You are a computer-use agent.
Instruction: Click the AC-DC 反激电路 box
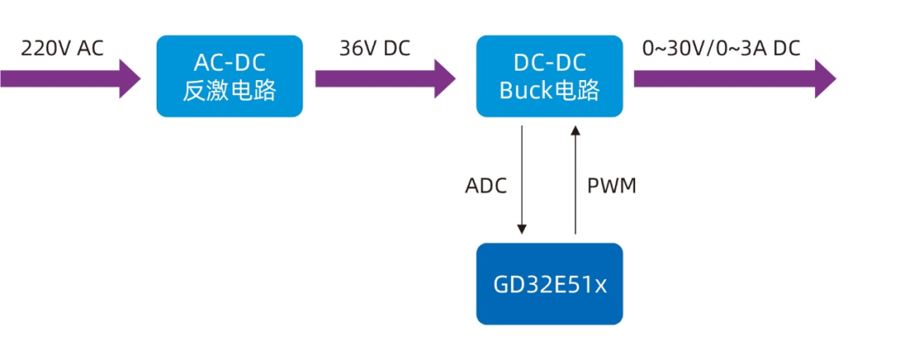pos(229,76)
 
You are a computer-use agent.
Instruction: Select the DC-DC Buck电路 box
pos(549,76)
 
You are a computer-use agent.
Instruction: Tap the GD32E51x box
pos(549,284)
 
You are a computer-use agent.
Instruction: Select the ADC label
pos(486,186)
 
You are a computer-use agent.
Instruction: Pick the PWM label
pos(612,186)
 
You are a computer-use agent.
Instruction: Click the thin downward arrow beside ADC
pos(522,179)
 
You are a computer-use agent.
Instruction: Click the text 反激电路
pos(229,90)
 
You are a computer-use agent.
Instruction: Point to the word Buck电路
pos(549,90)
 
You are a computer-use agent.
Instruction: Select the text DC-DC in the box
pos(549,62)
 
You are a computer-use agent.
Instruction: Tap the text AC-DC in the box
pos(229,62)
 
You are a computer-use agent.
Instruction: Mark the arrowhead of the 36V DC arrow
pos(442,78)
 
